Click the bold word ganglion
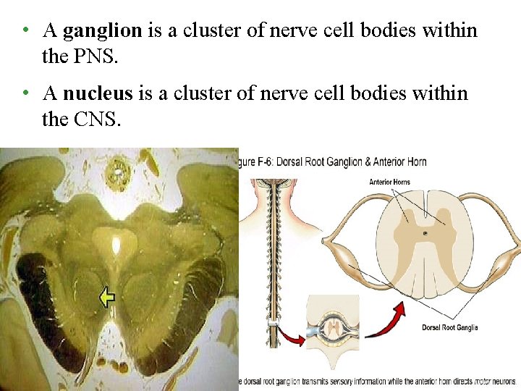[102, 30]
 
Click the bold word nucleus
[98, 93]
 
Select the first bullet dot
[25, 31]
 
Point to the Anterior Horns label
[392, 182]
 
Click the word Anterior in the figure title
[384, 162]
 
